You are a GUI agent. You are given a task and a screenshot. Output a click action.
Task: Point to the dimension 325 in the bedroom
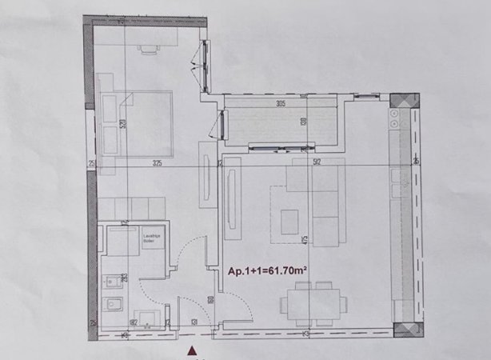click(157, 163)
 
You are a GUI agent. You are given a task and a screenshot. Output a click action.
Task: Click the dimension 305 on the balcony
click(280, 103)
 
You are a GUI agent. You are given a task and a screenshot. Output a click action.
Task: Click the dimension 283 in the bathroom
click(126, 278)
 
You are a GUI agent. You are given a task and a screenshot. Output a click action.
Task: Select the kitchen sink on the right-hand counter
click(395, 176)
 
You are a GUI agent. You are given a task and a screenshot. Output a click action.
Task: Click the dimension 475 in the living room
click(305, 240)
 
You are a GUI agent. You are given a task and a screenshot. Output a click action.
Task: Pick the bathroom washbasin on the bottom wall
click(145, 317)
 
